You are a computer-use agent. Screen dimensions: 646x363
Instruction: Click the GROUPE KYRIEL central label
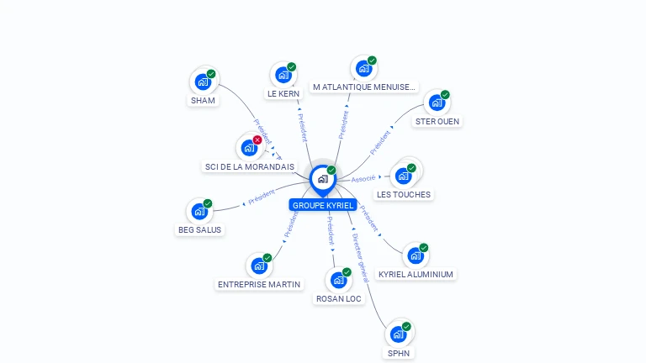[x=323, y=205]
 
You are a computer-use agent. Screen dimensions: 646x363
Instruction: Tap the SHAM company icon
[x=202, y=82]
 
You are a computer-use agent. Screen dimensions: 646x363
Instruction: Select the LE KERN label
[x=283, y=94]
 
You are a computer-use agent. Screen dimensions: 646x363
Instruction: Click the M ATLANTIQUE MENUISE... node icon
[x=363, y=69]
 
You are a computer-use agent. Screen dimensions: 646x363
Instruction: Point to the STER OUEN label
[x=437, y=121]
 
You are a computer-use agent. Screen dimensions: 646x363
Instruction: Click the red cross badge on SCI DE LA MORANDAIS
[x=257, y=139]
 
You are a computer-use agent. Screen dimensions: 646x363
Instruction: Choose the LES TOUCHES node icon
[x=404, y=176]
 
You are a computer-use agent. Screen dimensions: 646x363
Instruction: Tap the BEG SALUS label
[x=199, y=229]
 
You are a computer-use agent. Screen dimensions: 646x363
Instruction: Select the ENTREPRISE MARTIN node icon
[x=259, y=266]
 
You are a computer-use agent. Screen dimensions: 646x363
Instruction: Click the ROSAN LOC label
[x=339, y=298]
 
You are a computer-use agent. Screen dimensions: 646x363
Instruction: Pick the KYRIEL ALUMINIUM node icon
[x=416, y=255]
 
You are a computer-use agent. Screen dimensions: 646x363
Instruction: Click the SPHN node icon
[x=399, y=334]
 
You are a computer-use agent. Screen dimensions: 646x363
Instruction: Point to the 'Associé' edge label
[x=363, y=179]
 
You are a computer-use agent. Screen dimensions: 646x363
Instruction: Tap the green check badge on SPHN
[x=406, y=326]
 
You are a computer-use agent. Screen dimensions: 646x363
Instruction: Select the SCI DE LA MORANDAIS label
[x=250, y=166]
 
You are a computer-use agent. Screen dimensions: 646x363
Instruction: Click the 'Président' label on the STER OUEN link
[x=380, y=141]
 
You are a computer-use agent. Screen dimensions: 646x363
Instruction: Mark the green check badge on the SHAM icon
[x=211, y=74]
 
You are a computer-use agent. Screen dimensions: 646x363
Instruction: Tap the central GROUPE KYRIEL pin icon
[x=322, y=179]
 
